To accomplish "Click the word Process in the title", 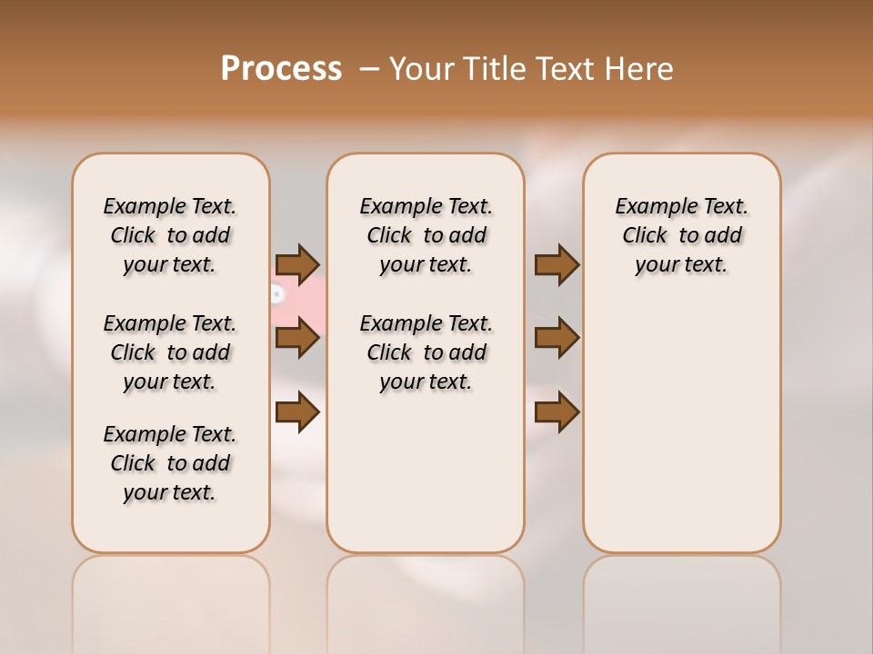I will pos(281,68).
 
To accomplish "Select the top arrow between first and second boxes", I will pos(297,264).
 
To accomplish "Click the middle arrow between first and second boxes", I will pos(297,339).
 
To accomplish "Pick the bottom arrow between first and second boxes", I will pos(297,413).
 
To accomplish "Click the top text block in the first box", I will pos(170,235).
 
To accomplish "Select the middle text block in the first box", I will pos(170,352).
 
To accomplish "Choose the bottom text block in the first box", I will pos(170,463).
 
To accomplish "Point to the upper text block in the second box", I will pos(426,235).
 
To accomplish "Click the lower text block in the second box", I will pos(426,352).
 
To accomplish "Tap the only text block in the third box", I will pos(682,235).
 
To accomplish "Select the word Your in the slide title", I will pos(421,68).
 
